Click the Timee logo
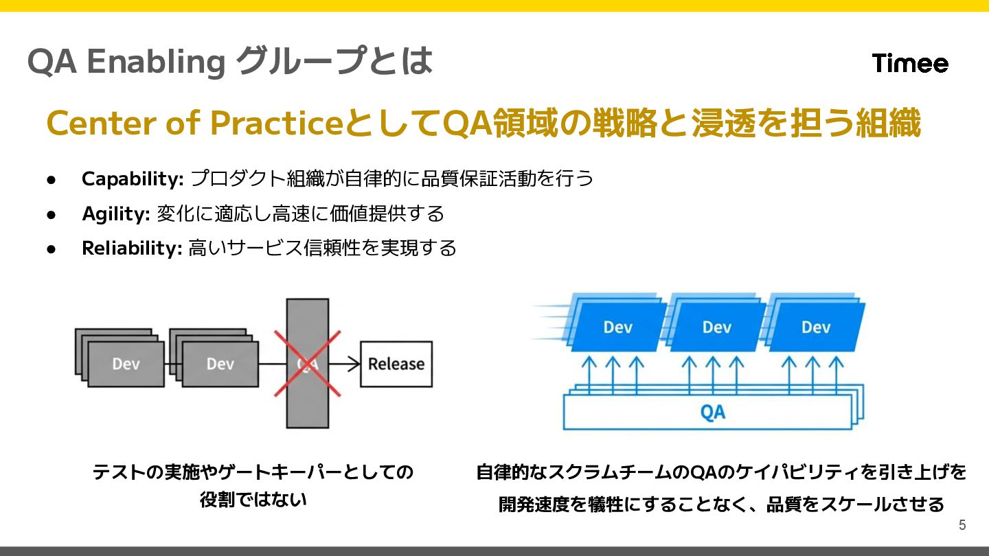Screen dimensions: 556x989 (910, 63)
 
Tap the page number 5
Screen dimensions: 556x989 (962, 525)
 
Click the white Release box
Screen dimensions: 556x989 (396, 364)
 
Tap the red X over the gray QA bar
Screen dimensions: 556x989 (307, 364)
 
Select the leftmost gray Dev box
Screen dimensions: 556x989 (126, 364)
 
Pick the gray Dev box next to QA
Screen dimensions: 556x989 (220, 364)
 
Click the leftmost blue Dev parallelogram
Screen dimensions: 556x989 (617, 327)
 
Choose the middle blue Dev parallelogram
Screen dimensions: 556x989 (716, 327)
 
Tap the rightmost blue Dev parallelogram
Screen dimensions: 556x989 (815, 327)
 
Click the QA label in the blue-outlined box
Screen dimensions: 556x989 (712, 412)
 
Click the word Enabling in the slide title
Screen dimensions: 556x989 (156, 62)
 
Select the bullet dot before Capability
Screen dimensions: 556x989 (51, 180)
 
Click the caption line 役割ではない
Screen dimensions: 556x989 (253, 500)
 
